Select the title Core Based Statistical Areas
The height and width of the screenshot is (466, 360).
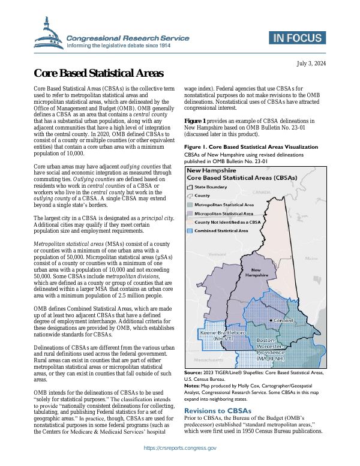point(98,74)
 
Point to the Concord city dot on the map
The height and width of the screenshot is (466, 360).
point(271,321)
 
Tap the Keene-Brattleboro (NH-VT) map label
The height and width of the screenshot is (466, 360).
point(222,335)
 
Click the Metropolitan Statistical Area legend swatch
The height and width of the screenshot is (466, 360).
point(190,205)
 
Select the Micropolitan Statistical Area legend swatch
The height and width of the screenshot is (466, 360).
point(190,213)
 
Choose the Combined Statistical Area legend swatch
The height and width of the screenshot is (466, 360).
point(190,230)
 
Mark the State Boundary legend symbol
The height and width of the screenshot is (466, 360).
point(190,187)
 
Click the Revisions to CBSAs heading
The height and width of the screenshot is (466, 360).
point(218,394)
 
